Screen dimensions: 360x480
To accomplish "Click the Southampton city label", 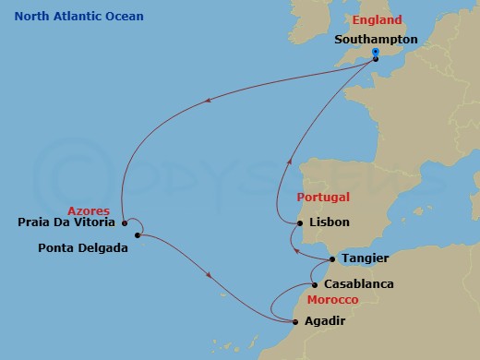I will (x=376, y=40).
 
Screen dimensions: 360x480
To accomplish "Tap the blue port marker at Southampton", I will (x=375, y=52).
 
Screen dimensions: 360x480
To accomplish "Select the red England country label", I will (x=378, y=20).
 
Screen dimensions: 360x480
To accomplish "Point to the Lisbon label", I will (x=330, y=223).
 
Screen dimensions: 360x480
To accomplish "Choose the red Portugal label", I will (x=323, y=198).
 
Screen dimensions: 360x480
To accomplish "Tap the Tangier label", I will (x=364, y=258).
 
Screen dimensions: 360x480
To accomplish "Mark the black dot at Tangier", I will (x=332, y=259).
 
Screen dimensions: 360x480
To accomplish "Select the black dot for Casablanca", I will (x=315, y=284).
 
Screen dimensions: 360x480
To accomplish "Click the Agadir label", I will (x=329, y=322).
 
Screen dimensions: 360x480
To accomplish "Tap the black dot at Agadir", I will (x=294, y=322).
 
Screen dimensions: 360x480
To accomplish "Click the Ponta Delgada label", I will (x=82, y=247).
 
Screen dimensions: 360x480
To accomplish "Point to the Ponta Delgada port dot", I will (x=137, y=235).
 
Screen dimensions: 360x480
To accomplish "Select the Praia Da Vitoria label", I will (x=66, y=222).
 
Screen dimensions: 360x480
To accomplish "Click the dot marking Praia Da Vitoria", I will (x=124, y=222).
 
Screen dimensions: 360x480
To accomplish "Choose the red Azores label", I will (x=90, y=210).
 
